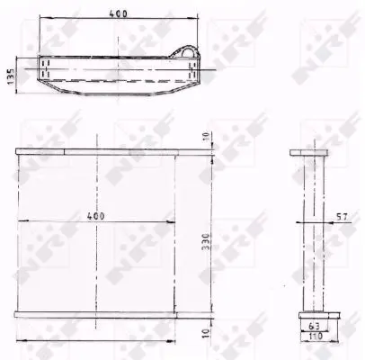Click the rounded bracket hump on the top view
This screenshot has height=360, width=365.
[x=189, y=54]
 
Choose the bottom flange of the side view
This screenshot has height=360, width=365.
[x=311, y=315]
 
